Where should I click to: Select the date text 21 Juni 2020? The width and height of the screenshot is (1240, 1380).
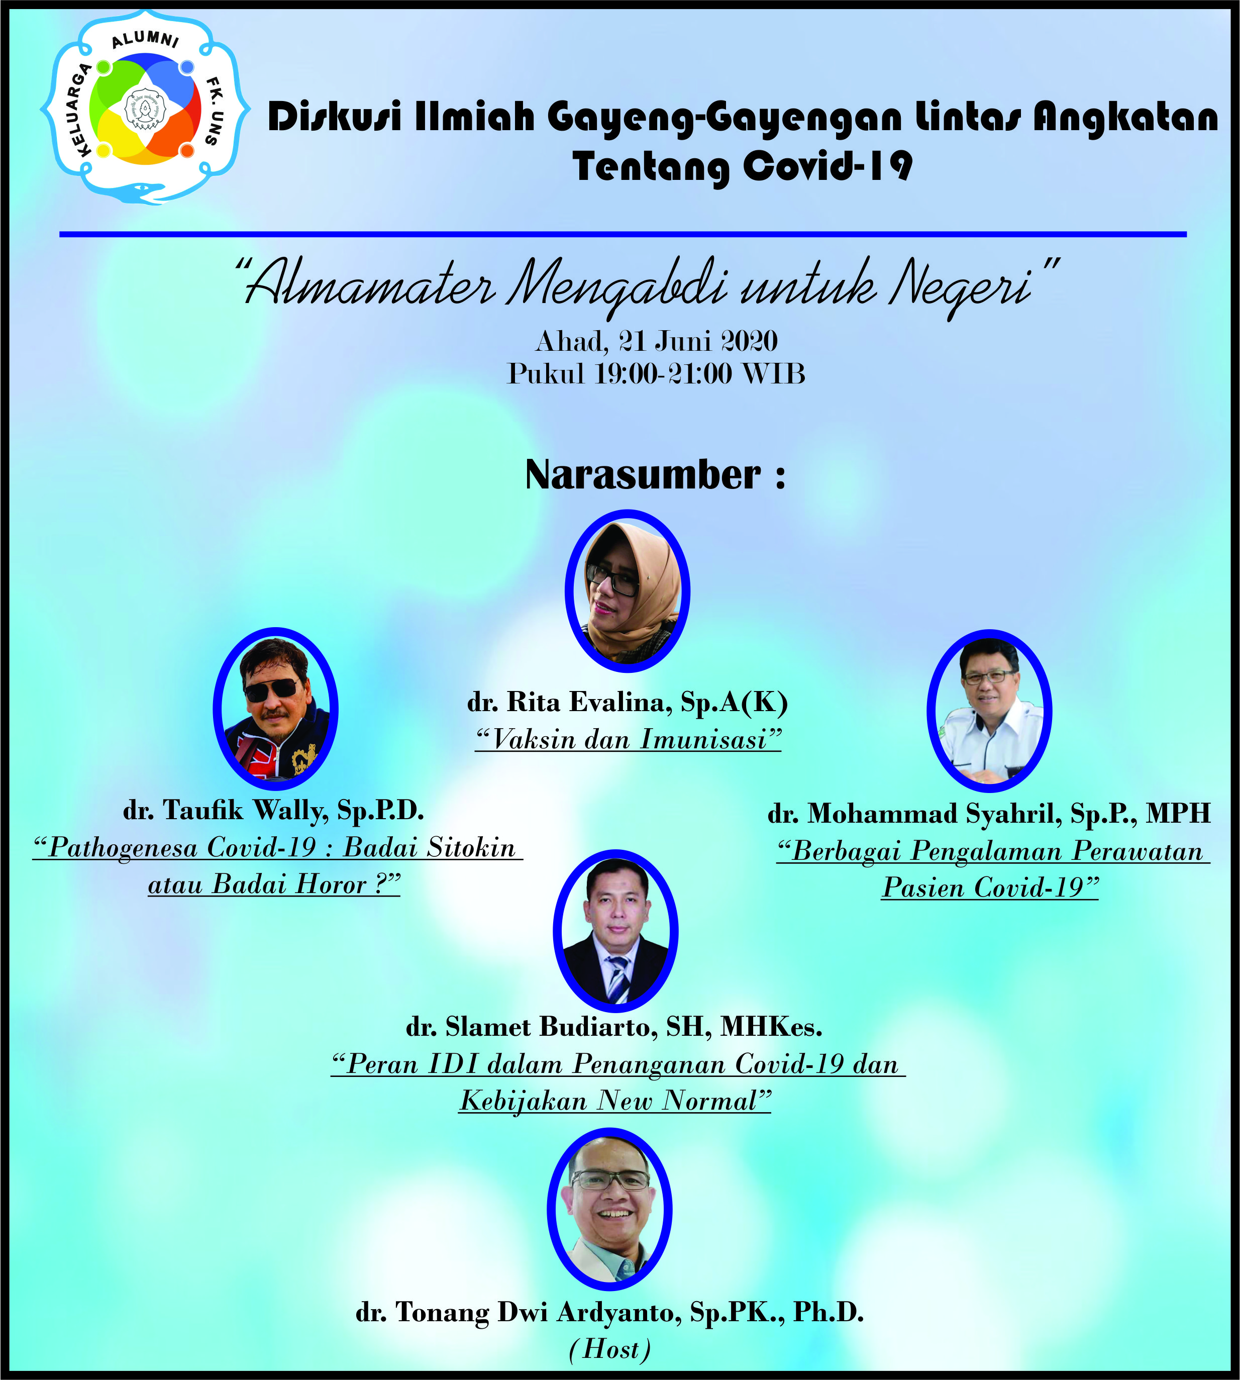698,341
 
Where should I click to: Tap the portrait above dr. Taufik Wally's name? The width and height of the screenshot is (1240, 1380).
276,709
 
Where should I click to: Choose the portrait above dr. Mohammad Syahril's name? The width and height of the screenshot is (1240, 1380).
989,710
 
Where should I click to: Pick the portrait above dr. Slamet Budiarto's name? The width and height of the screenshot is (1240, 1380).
615,930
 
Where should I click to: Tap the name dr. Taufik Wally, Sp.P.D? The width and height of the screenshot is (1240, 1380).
274,810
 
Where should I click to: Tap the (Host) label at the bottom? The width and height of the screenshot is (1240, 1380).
610,1349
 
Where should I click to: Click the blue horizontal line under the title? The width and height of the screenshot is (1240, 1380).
623,234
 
